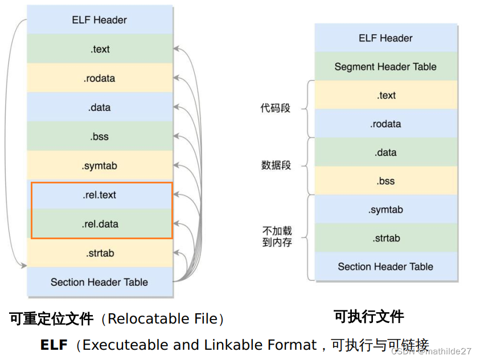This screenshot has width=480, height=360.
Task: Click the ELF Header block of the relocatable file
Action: tap(100, 20)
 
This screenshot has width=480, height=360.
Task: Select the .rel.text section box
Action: tap(100, 195)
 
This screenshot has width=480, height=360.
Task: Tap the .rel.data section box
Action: tap(100, 224)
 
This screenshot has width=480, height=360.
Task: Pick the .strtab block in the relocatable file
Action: tap(100, 253)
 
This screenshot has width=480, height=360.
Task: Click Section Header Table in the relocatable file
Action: tap(100, 282)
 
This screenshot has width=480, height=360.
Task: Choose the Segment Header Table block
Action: tap(385, 67)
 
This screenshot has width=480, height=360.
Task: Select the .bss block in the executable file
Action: tap(385, 181)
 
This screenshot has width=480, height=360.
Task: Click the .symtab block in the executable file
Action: tap(385, 210)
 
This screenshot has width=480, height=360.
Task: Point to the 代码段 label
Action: tap(276, 108)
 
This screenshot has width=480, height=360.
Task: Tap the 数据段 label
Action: tap(276, 165)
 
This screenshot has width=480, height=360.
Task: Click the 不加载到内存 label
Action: tap(277, 236)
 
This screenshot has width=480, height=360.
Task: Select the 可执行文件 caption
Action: tap(368, 317)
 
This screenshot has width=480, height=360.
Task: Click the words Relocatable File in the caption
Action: tap(162, 319)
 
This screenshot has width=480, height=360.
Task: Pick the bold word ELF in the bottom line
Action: tap(54, 345)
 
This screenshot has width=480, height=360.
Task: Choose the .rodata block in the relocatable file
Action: tap(100, 78)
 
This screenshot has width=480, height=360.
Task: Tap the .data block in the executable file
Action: tap(385, 153)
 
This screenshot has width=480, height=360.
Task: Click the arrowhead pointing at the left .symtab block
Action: tap(177, 166)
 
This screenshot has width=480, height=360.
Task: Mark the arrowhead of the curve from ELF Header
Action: tap(24, 265)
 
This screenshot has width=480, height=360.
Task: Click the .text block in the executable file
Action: tap(385, 95)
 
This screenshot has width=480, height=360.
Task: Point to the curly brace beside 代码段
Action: tap(308, 108)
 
